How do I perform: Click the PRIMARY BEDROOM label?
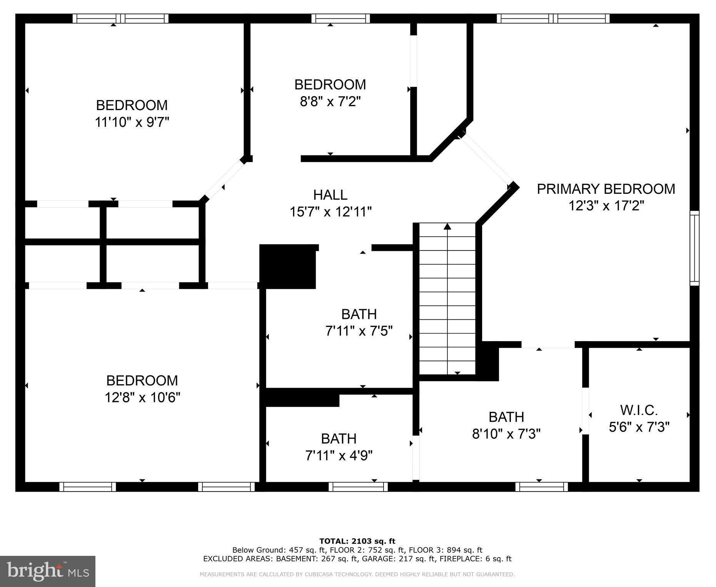(606, 189)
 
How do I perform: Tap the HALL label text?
(330, 195)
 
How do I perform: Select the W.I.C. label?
(639, 410)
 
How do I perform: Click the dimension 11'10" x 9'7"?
(132, 122)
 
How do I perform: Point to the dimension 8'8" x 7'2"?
(330, 102)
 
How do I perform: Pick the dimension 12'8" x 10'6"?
(142, 397)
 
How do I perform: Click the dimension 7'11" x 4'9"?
(339, 455)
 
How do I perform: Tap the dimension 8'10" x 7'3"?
(506, 434)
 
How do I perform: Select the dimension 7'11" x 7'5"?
(359, 331)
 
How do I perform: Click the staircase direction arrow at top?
(447, 227)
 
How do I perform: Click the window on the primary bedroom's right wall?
(694, 248)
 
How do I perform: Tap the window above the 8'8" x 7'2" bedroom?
(340, 18)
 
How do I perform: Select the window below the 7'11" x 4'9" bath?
(358, 487)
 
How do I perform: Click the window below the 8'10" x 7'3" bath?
(542, 487)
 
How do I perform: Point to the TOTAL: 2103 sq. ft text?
(357, 541)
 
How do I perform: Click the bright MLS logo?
(48, 571)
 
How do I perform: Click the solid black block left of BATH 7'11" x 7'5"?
(288, 267)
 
